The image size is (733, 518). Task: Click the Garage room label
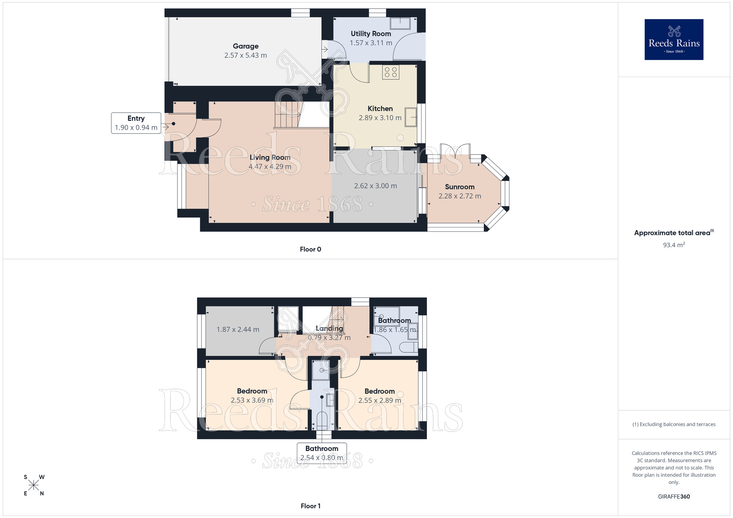click(246, 46)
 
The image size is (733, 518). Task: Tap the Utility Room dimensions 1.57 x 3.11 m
click(371, 43)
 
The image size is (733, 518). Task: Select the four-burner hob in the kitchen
click(390, 72)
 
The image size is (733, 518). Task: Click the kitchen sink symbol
click(410, 117)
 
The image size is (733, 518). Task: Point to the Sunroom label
click(460, 187)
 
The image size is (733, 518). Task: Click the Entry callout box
click(136, 123)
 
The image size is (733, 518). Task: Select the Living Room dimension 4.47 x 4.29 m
click(270, 167)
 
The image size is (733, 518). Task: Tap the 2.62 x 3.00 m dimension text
click(375, 186)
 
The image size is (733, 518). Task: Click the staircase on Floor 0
click(288, 114)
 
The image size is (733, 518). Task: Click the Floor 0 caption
click(310, 249)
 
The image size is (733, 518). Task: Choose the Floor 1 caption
click(310, 506)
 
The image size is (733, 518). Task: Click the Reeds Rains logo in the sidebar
click(674, 40)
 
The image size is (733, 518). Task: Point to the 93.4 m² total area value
click(674, 245)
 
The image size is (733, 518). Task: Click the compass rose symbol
click(34, 485)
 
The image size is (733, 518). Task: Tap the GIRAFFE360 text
click(674, 497)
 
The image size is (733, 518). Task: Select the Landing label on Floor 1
click(329, 329)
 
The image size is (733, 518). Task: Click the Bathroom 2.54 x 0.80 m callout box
click(321, 453)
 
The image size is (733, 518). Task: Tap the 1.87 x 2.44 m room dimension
click(237, 329)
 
